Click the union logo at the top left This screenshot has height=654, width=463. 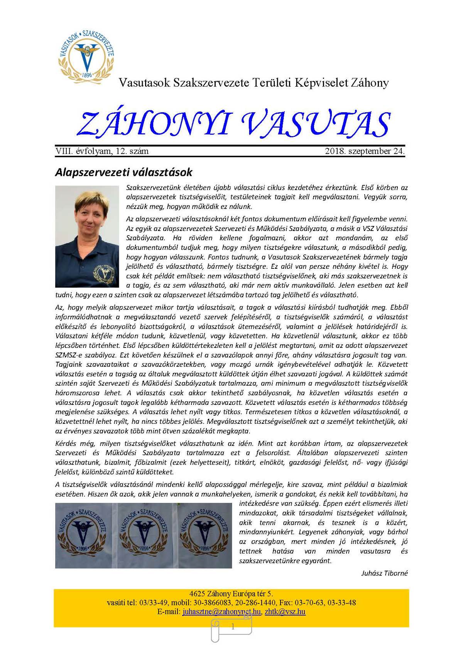(86, 54)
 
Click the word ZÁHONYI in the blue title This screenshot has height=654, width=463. (154, 123)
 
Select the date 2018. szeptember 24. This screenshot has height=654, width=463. (365, 151)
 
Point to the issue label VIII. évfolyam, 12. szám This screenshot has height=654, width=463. (102, 151)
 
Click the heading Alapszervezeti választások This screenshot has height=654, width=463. (123, 172)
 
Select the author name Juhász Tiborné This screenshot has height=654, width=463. (384, 573)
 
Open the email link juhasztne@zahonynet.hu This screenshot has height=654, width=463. (222, 612)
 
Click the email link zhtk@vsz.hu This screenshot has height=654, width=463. (285, 612)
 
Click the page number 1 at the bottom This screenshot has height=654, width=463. (233, 627)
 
